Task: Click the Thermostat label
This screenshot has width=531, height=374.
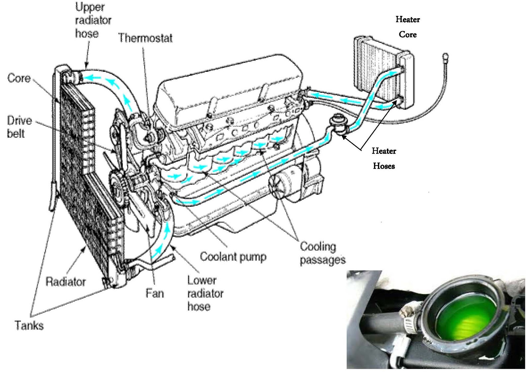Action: (x=145, y=38)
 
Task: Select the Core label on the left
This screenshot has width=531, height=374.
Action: (x=19, y=79)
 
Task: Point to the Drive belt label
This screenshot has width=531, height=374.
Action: (x=19, y=127)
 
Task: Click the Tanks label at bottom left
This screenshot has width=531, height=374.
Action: (x=29, y=325)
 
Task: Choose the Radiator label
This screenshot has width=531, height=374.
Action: (x=66, y=282)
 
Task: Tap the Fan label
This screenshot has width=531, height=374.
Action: (x=155, y=293)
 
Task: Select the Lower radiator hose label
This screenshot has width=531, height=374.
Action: (x=205, y=294)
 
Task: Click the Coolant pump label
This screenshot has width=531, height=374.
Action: (x=233, y=257)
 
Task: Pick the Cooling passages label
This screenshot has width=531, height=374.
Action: (x=322, y=253)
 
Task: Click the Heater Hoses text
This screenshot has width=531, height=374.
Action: (x=384, y=158)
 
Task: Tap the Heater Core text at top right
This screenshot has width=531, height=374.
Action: (x=408, y=27)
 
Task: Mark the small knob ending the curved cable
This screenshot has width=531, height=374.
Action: (x=446, y=56)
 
